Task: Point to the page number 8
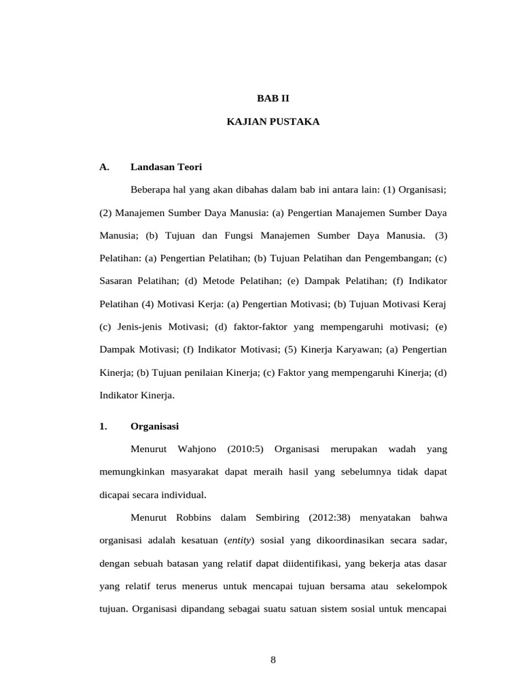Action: point(273,659)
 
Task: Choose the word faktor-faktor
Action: point(256,327)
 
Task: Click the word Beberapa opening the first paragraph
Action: point(154,190)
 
